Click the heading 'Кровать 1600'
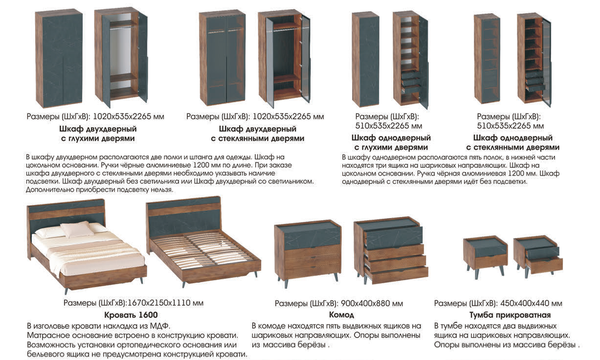click(131, 315)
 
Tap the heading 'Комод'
click(341, 315)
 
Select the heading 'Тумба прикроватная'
click(510, 315)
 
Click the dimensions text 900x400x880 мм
click(372, 303)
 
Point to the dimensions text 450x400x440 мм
click(531, 303)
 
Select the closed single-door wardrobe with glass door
click(487, 59)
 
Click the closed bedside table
click(486, 258)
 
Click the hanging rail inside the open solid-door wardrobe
click(123, 27)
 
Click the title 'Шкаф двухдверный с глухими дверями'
click(98, 134)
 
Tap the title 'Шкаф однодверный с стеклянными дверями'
click(512, 142)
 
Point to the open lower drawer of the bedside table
click(544, 265)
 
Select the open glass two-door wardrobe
click(284, 59)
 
